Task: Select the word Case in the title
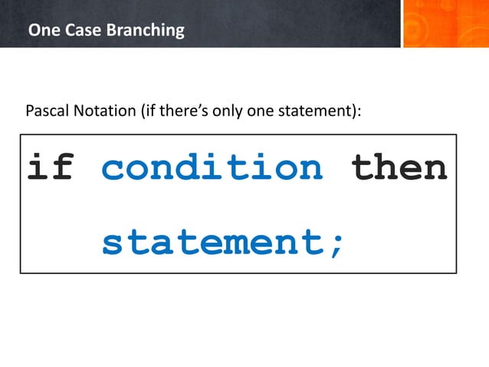coord(77,31)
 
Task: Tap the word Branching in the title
coord(141,31)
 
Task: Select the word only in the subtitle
coord(228,111)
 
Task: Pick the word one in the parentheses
coord(260,111)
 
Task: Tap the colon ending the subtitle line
coord(358,112)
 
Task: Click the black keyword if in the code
coord(50,167)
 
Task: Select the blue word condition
coord(212,167)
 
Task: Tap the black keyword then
coord(399,167)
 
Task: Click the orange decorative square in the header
coord(445,24)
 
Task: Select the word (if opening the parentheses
coord(148,111)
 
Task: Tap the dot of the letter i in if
coord(38,155)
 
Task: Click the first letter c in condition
coord(113,169)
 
